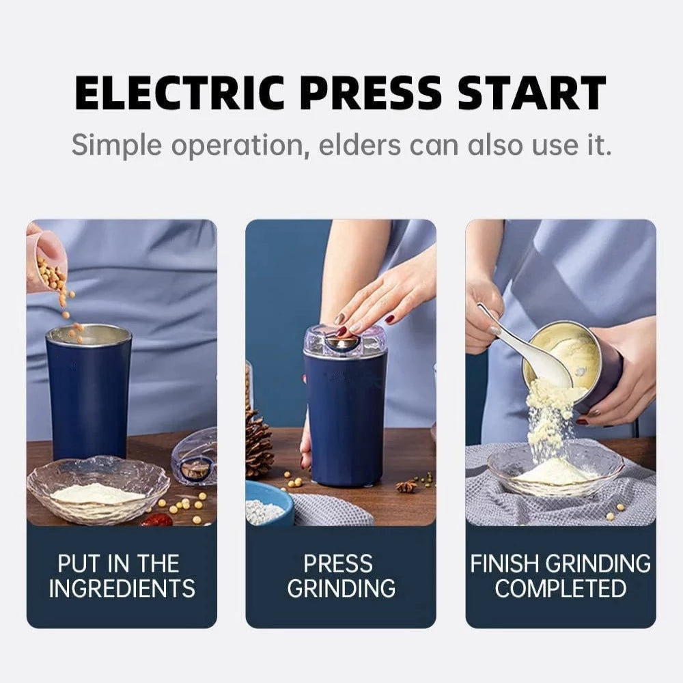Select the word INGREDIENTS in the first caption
(122, 589)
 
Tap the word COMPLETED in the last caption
(560, 589)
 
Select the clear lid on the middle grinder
(345, 341)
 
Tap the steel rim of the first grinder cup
(88, 334)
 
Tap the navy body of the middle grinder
(345, 423)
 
